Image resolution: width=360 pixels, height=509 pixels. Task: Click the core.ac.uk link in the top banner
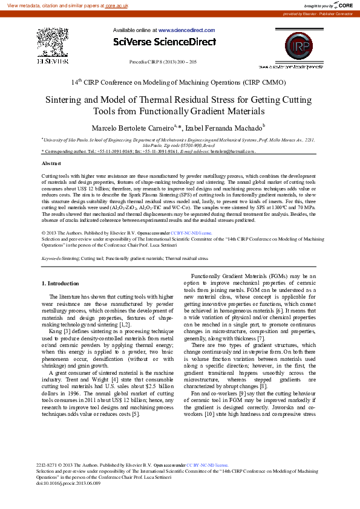pyautogui.click(x=118, y=5)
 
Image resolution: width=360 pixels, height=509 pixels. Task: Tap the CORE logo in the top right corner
pyautogui.click(x=343, y=5)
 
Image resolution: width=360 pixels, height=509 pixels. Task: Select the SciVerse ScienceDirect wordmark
pyautogui.click(x=164, y=42)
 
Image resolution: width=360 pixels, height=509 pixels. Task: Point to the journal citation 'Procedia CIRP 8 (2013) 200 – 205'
pyautogui.click(x=163, y=62)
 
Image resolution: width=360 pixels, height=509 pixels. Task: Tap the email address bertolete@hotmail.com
pyautogui.click(x=232, y=151)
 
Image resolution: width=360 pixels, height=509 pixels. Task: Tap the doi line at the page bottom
pyautogui.click(x=69, y=484)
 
